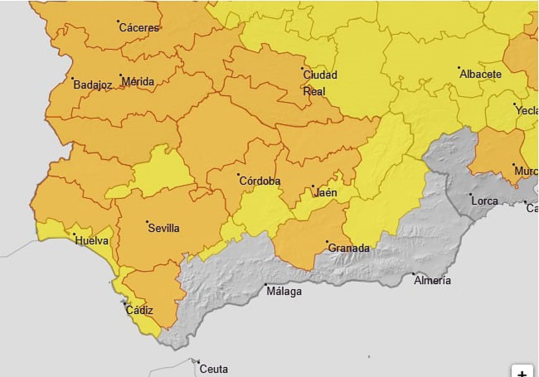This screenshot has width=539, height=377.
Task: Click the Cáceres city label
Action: pyautogui.click(x=139, y=28)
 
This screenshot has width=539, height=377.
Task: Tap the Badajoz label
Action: pyautogui.click(x=93, y=85)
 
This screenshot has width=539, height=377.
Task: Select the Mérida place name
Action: pyautogui.click(x=138, y=82)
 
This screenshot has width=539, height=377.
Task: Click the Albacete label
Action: pyautogui.click(x=480, y=75)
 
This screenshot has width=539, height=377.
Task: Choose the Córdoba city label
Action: pyautogui.click(x=260, y=181)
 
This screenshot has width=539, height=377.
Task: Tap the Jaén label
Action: pyautogui.click(x=326, y=193)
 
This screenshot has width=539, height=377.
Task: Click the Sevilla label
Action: pyautogui.click(x=163, y=228)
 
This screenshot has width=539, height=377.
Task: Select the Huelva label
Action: pyautogui.click(x=92, y=241)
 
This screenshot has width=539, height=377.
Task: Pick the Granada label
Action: pyautogui.click(x=349, y=248)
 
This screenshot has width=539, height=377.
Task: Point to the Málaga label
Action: pyautogui.click(x=284, y=292)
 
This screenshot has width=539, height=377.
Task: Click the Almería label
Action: pyautogui.click(x=432, y=281)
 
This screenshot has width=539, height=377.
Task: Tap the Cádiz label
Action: pyautogui.click(x=139, y=310)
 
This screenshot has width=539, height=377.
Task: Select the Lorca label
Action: pyautogui.click(x=485, y=201)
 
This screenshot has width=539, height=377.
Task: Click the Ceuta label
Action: pyautogui.click(x=213, y=369)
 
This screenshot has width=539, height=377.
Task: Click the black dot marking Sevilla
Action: pyautogui.click(x=147, y=222)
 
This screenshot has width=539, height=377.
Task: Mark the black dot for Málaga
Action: pyautogui.click(x=265, y=285)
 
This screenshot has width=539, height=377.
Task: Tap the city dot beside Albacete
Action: pyautogui.click(x=459, y=68)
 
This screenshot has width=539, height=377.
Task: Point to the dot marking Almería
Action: pyautogui.click(x=414, y=274)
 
